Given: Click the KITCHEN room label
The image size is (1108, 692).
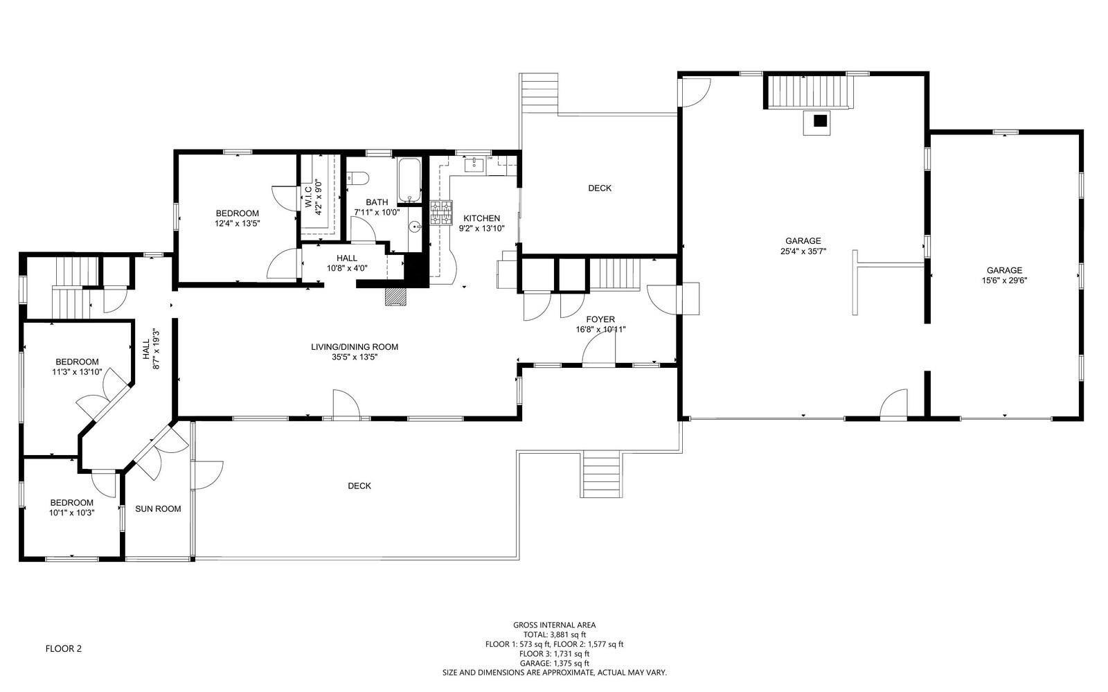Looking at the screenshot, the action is tap(481, 218).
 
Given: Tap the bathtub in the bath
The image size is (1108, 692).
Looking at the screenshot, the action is tap(409, 180).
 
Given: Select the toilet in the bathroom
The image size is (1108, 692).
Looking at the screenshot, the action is tap(356, 178).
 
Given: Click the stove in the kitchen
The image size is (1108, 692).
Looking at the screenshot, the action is tap(441, 213).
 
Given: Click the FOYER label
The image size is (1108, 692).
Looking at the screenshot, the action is tap(600, 319).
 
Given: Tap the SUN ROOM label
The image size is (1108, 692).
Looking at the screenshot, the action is tap(158, 509).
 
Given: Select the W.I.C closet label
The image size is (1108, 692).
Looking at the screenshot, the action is tap(308, 197).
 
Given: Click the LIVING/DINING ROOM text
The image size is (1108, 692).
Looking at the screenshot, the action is tap(354, 347).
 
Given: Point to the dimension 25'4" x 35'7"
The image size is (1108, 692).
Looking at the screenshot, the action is tap(803, 251).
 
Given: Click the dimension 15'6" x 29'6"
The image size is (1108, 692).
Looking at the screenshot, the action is tap(1004, 281).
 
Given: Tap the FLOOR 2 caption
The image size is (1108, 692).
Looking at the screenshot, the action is tap(63, 648).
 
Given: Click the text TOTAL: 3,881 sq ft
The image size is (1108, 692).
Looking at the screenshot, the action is tap(555, 635).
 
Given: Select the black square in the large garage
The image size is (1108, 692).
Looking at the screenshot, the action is tap(821, 121).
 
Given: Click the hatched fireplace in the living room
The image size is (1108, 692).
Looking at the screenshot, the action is tap(395, 296).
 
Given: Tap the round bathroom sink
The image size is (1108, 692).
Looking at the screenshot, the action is tap(415, 227).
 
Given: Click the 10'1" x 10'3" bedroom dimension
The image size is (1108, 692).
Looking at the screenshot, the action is tap(72, 513).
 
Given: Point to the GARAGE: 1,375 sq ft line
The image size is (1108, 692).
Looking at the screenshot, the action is tap(555, 664).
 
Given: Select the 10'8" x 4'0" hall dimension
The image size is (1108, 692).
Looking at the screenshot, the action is tap(347, 269).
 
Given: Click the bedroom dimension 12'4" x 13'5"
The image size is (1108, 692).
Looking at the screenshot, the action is tap(238, 224).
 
